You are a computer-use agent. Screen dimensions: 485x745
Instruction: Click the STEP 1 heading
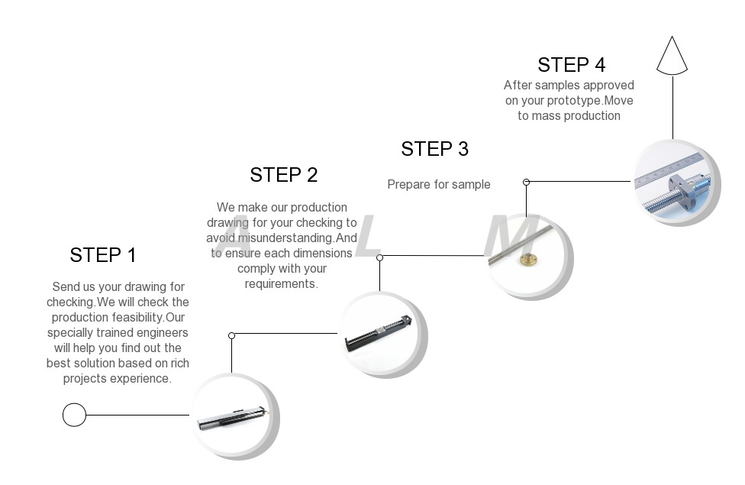click(x=103, y=255)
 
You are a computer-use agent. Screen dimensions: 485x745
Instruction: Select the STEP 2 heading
click(x=284, y=175)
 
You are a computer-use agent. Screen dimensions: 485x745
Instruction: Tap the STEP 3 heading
click(x=435, y=149)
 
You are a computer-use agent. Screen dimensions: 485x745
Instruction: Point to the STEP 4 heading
click(x=572, y=65)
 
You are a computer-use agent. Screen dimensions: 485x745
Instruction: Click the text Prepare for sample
click(x=439, y=184)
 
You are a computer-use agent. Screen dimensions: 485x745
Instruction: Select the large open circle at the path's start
click(x=74, y=415)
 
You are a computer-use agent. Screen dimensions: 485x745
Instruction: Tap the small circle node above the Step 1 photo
click(x=232, y=335)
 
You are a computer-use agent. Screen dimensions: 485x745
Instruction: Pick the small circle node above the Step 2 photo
click(x=380, y=257)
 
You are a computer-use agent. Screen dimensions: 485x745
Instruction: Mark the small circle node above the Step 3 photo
click(x=527, y=182)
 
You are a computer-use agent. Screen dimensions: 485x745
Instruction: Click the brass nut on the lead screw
click(x=527, y=260)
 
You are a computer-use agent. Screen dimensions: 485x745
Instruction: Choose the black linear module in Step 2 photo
click(x=379, y=335)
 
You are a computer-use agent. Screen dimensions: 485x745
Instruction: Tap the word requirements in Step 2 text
click(x=280, y=284)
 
